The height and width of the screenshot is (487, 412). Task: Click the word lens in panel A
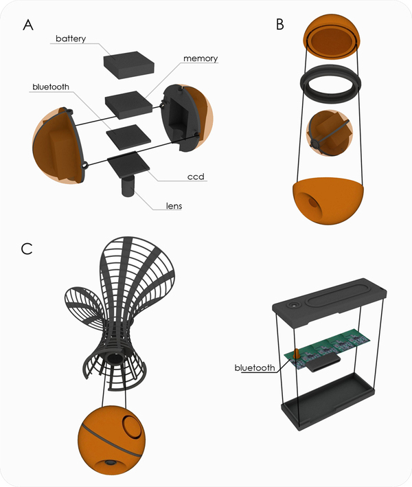coord(173,205)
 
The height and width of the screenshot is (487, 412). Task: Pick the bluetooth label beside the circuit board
coord(255,367)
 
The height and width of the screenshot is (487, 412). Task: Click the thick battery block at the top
coord(130,64)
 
